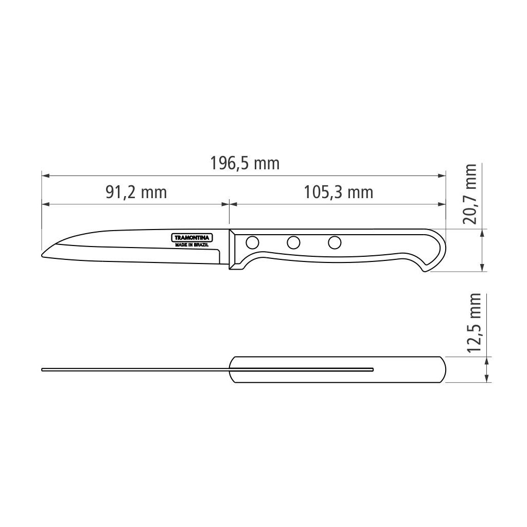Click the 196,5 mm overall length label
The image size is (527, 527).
(x=245, y=164)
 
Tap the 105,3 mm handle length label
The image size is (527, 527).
(x=338, y=192)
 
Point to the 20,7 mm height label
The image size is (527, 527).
(x=469, y=194)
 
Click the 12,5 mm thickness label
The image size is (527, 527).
(x=475, y=322)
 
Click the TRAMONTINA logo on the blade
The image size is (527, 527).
(x=192, y=238)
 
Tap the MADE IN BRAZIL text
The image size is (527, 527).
(x=192, y=245)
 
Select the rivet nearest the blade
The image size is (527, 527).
(x=253, y=241)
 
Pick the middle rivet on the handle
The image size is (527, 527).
(x=294, y=241)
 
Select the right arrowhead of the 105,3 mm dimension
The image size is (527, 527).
(x=442, y=204)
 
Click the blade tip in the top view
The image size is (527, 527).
(x=43, y=369)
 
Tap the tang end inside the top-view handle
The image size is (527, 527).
(x=372, y=369)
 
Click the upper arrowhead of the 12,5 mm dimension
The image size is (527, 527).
(x=486, y=359)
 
